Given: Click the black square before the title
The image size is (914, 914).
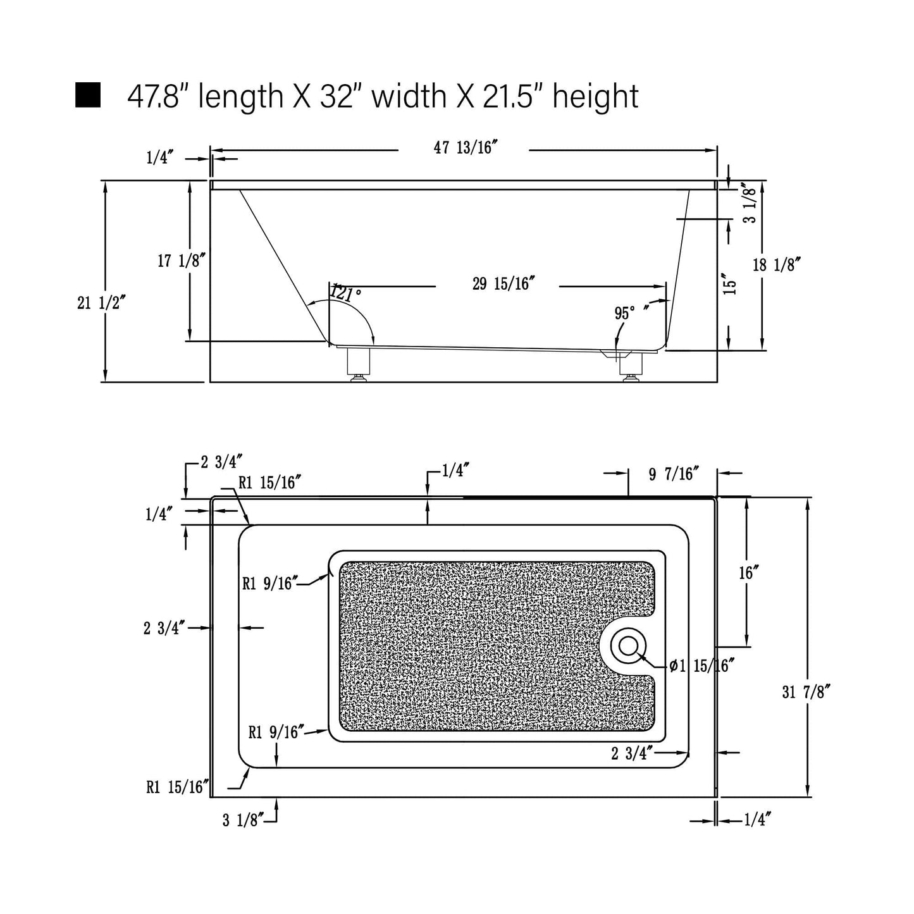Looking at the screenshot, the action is (x=88, y=95).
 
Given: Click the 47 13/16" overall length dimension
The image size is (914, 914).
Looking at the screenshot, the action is (x=466, y=147).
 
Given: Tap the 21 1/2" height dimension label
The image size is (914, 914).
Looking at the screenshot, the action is (x=101, y=302).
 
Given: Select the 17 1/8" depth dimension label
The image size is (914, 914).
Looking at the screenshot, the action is (x=182, y=261).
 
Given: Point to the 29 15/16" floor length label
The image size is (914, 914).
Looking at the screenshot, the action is (x=503, y=283).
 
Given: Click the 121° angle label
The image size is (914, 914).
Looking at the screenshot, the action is (x=346, y=293).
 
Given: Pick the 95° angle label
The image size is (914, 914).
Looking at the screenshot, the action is (x=624, y=313).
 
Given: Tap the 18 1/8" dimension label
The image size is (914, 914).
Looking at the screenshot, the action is (x=777, y=264).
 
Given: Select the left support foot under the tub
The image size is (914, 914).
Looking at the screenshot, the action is (x=358, y=365).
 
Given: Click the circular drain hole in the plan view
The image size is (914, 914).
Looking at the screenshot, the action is (x=629, y=646).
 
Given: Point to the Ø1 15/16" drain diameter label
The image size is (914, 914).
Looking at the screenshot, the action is (x=703, y=665).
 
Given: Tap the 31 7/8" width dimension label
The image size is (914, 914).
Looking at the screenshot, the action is (x=806, y=692).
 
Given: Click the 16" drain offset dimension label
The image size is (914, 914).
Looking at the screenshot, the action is (x=749, y=573).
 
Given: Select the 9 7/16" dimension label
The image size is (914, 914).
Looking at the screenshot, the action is (x=674, y=474).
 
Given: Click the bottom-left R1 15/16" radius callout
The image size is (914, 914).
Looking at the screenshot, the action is (x=177, y=787).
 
